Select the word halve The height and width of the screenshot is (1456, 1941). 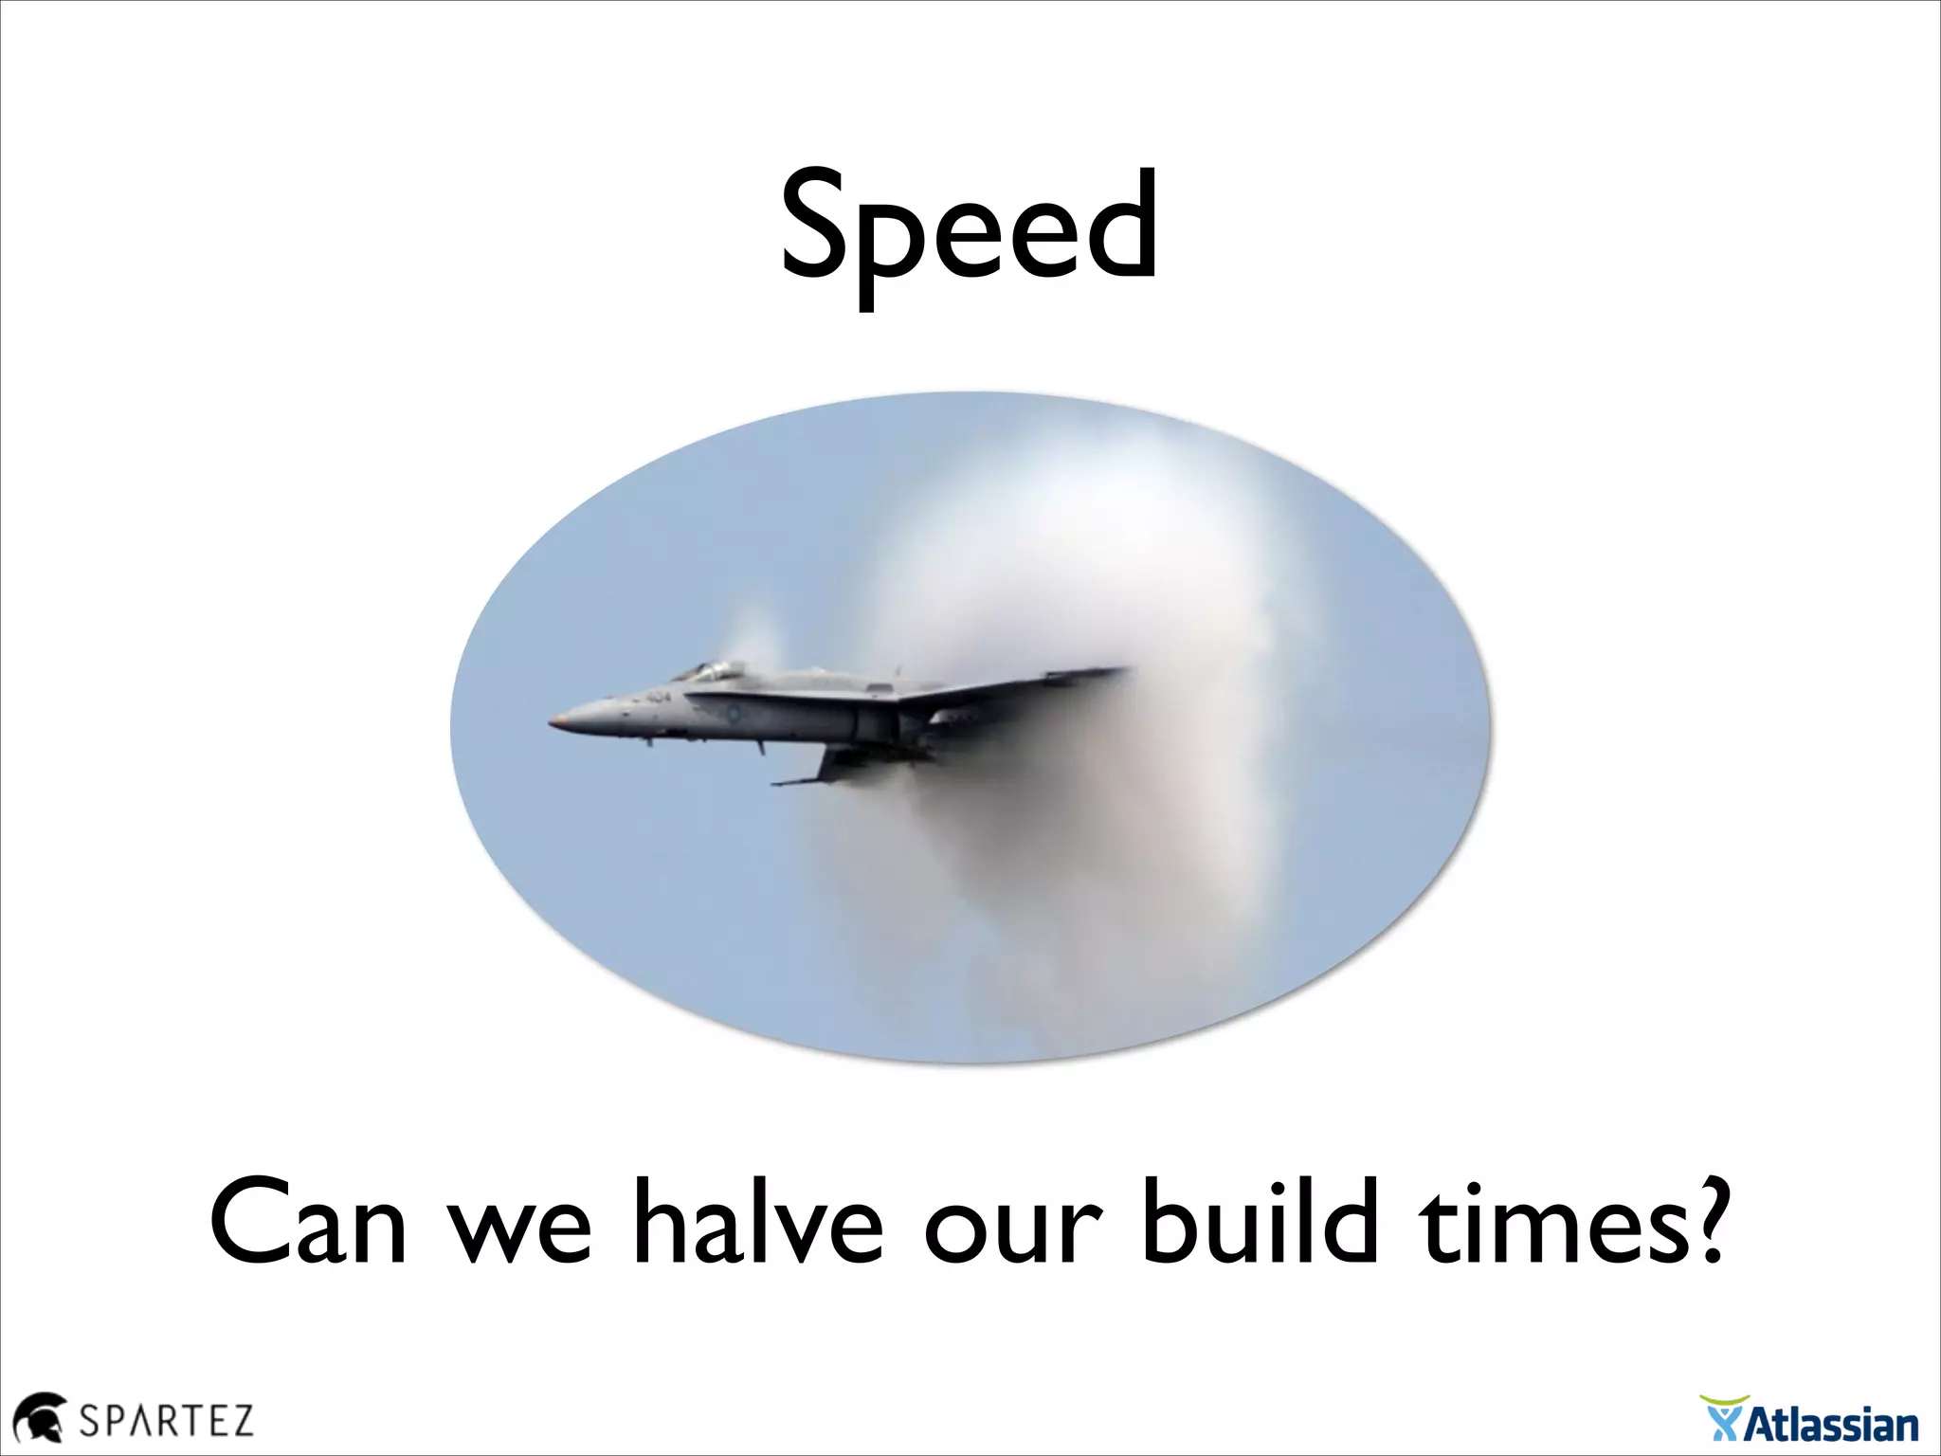(758, 1223)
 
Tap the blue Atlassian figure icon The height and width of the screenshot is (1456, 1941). (1724, 1423)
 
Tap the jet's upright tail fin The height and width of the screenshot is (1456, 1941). (1080, 676)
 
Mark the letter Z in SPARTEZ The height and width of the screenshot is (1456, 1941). (240, 1421)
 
